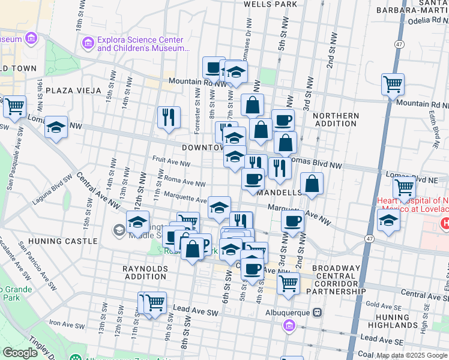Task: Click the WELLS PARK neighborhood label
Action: click(x=270, y=4)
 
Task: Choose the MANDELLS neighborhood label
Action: click(x=279, y=193)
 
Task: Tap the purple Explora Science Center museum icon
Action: click(x=88, y=44)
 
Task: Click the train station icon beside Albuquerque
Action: click(x=318, y=313)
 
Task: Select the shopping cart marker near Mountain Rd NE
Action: click(x=393, y=85)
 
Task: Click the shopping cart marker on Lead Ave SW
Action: click(x=155, y=303)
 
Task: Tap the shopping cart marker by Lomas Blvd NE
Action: click(x=403, y=188)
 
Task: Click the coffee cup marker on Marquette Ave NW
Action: click(x=292, y=221)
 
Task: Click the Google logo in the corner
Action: click(x=20, y=353)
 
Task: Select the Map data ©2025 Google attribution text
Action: click(x=411, y=355)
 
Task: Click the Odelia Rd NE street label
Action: click(x=420, y=20)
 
